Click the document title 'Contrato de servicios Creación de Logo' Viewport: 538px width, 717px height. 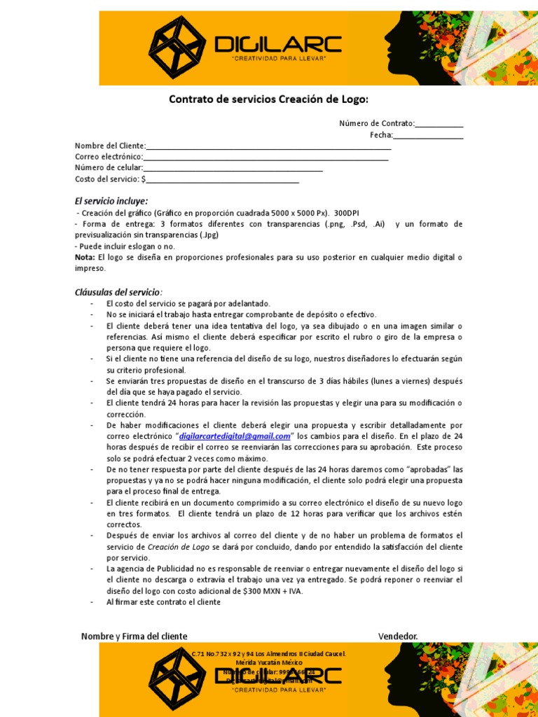click(x=268, y=99)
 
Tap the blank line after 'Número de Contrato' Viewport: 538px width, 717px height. click(x=439, y=124)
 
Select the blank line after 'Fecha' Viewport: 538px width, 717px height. click(x=428, y=135)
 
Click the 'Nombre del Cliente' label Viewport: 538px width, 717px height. click(x=109, y=146)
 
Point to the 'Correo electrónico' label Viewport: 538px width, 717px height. click(x=109, y=157)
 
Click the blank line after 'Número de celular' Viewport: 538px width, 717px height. click(x=233, y=168)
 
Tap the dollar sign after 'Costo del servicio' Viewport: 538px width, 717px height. click(x=144, y=179)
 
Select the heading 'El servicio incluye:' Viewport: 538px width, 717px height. click(x=111, y=201)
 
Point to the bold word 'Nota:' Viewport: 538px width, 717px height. click(x=85, y=258)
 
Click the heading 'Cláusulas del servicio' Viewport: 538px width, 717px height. click(x=118, y=292)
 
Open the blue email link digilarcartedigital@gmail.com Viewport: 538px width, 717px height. click(x=235, y=436)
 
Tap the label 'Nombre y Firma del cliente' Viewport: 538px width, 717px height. click(x=134, y=636)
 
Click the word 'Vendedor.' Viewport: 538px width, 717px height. click(x=398, y=636)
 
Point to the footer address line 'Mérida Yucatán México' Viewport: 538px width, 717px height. click(x=269, y=662)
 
